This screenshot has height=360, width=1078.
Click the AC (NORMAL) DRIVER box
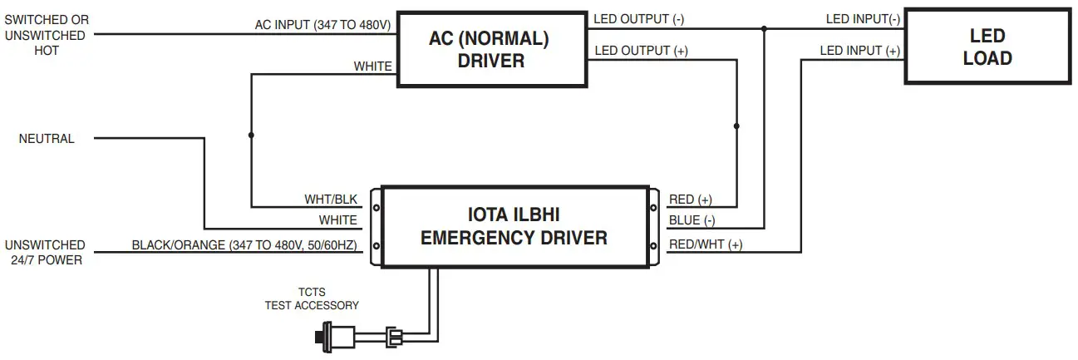tap(490, 49)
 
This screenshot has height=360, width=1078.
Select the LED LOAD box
tap(987, 47)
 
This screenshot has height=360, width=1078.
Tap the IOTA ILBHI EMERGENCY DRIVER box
tap(513, 226)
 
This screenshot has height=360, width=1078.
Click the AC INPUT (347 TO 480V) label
tap(322, 25)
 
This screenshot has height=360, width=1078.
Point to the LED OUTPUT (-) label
tap(639, 18)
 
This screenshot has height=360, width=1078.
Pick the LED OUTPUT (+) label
tap(641, 51)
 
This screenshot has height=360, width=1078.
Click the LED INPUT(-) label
tap(863, 18)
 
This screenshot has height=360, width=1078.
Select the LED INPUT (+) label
tap(859, 51)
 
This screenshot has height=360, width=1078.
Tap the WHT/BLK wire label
tap(330, 200)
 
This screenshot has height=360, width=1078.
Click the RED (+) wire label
tap(690, 200)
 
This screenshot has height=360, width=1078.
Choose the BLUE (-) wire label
tap(692, 221)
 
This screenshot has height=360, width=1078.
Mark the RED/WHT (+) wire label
tap(705, 244)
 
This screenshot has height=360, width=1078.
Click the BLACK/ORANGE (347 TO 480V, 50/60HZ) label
tap(244, 245)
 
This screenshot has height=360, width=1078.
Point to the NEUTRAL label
tap(47, 139)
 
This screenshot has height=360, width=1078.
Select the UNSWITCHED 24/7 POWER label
tap(45, 253)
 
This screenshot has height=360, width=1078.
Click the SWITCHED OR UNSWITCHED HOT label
tap(47, 35)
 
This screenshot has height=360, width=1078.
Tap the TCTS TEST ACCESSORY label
tap(312, 299)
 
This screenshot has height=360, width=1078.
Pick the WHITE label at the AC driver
tap(372, 67)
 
